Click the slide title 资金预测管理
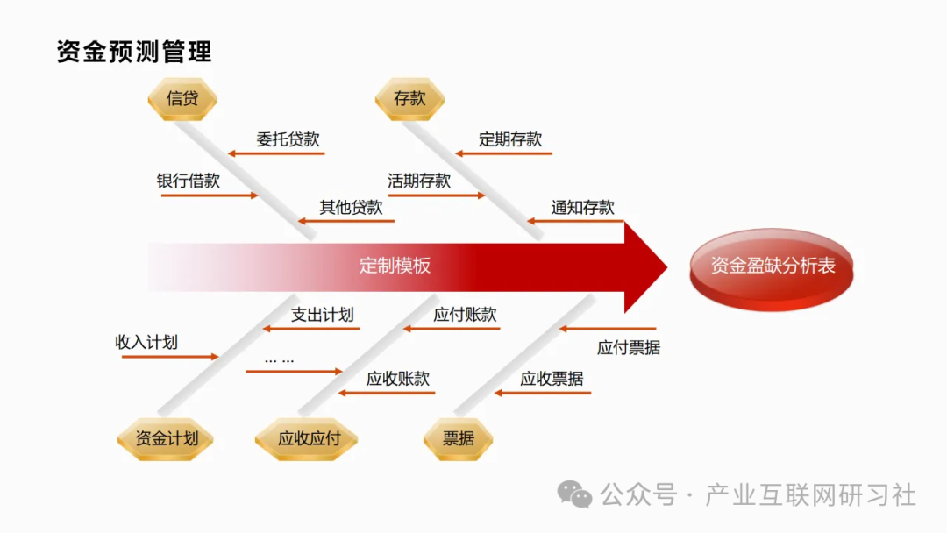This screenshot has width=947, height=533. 134,52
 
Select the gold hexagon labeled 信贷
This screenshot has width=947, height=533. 182,99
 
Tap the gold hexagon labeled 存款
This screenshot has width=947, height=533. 409,99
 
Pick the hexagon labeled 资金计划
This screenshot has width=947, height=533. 166,438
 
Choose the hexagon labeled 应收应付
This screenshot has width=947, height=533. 308,438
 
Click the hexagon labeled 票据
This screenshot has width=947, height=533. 459,438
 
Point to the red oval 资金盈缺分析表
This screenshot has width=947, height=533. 772,266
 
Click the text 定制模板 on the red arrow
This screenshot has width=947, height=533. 395,266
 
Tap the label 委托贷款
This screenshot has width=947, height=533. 288,139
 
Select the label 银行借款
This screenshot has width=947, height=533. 189,181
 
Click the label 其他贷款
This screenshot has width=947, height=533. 351,208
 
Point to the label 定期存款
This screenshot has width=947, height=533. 510,139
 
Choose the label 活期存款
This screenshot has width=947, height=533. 419,181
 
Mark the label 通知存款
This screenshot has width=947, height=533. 583,208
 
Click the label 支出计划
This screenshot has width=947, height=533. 323,315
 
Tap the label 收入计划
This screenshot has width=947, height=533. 146,342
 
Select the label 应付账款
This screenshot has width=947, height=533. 466,315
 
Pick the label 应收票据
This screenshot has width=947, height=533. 552,379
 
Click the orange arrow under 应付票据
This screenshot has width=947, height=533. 607,329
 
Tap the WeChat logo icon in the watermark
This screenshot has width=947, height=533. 575,495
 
